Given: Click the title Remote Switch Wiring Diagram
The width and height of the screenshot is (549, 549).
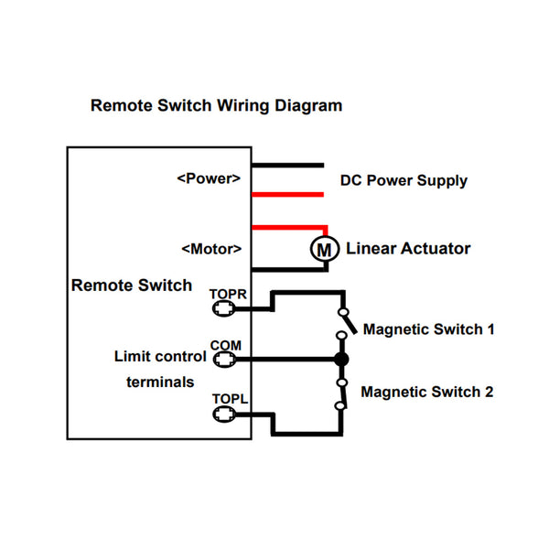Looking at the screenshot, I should pyautogui.click(x=216, y=105).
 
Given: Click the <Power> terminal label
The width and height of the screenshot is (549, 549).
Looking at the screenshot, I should pyautogui.click(x=209, y=178).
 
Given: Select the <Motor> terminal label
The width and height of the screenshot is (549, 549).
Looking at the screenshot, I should pyautogui.click(x=211, y=248).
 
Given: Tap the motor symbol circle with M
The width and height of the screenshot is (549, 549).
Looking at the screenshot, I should pyautogui.click(x=322, y=248).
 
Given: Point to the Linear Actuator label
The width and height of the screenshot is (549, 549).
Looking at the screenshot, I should pyautogui.click(x=408, y=248).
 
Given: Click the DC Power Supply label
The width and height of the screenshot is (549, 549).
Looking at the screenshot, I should pyautogui.click(x=404, y=180).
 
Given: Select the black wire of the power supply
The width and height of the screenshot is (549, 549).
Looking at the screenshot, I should pyautogui.click(x=287, y=166).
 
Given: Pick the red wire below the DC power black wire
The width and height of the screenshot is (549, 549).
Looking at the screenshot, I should pyautogui.click(x=287, y=194).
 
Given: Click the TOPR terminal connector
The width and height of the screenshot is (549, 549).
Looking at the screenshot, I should pyautogui.click(x=221, y=309).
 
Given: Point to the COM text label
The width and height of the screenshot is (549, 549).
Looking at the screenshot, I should pyautogui.click(x=225, y=345).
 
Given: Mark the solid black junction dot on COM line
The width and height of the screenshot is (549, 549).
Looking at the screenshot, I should pyautogui.click(x=340, y=360).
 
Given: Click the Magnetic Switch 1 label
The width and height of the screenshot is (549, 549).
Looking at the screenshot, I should pyautogui.click(x=429, y=328).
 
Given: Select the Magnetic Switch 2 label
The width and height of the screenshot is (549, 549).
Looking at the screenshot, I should pyautogui.click(x=427, y=392).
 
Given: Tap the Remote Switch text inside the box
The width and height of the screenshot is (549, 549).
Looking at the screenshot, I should pyautogui.click(x=132, y=285).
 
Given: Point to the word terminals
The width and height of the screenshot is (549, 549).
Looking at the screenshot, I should pyautogui.click(x=160, y=381).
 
